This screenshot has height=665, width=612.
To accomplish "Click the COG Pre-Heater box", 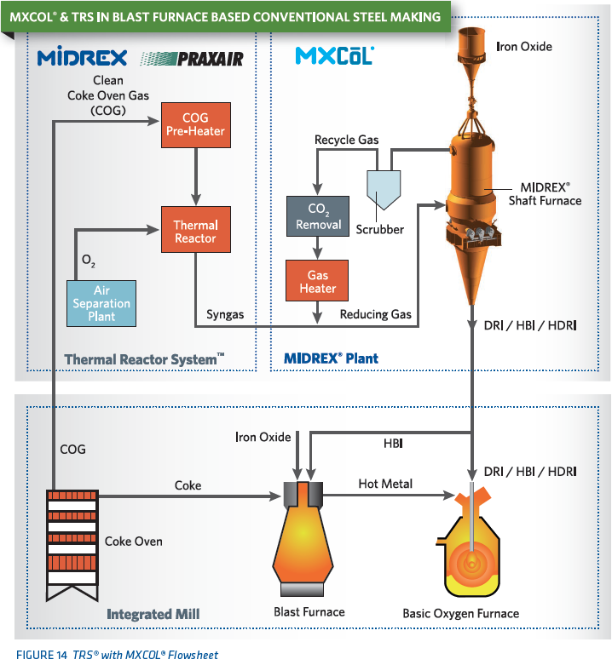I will tap(197, 124).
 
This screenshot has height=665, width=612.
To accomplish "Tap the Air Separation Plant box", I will tap(101, 303).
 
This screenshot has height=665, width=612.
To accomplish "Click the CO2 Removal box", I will tap(318, 216).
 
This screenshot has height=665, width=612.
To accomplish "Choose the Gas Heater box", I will tap(317, 282).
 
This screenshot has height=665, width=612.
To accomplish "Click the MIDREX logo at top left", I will tap(83, 58).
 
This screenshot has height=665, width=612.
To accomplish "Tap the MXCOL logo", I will tap(334, 56).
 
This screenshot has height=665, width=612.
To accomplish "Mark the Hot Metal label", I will tap(385, 484).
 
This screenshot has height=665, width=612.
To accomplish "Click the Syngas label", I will tap(225, 314).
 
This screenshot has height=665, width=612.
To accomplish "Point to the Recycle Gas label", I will tap(347, 140).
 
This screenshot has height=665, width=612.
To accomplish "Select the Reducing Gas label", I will tap(375, 314).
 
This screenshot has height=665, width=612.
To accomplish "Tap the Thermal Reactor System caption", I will tap(144, 359).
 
